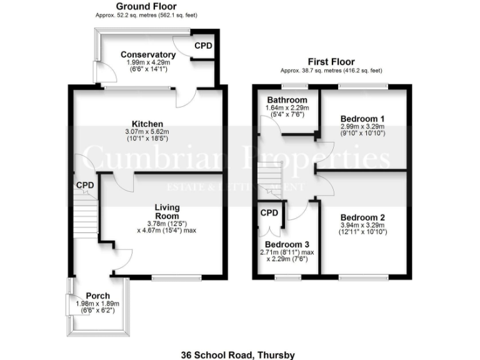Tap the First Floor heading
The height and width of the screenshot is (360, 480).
point(331,62)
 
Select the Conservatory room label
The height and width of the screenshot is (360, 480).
point(148,54)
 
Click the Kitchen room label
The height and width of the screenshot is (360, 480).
point(147,124)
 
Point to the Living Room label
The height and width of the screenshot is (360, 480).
point(167,211)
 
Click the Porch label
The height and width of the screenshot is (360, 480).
point(98,296)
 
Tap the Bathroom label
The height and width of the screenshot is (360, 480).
point(287,100)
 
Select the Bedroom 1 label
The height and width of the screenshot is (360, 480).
point(362,119)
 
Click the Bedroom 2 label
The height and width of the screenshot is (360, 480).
point(362,217)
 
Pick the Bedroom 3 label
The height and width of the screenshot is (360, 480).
point(287,244)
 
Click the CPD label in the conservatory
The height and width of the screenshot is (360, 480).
point(203,46)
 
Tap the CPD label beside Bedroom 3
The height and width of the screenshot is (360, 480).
point(269,213)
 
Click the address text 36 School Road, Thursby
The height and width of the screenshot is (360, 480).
point(237,355)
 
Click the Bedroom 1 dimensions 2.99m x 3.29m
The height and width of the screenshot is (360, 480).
point(362,126)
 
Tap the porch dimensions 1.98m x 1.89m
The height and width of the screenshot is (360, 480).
point(97,304)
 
